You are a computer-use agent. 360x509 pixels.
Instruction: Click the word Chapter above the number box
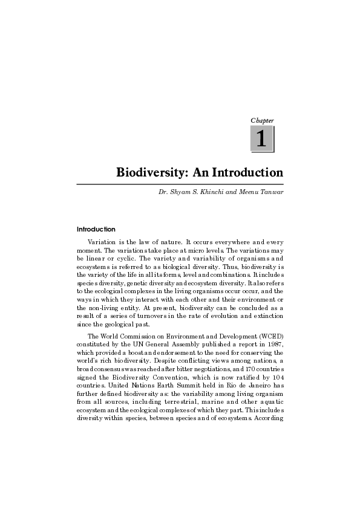(x=262, y=121)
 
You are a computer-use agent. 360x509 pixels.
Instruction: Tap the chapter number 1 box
(x=262, y=140)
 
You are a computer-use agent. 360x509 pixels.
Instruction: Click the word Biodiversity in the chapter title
(x=151, y=173)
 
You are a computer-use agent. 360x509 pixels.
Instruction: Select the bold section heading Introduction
(x=96, y=230)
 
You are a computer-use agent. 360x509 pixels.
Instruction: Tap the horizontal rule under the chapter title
(x=180, y=183)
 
